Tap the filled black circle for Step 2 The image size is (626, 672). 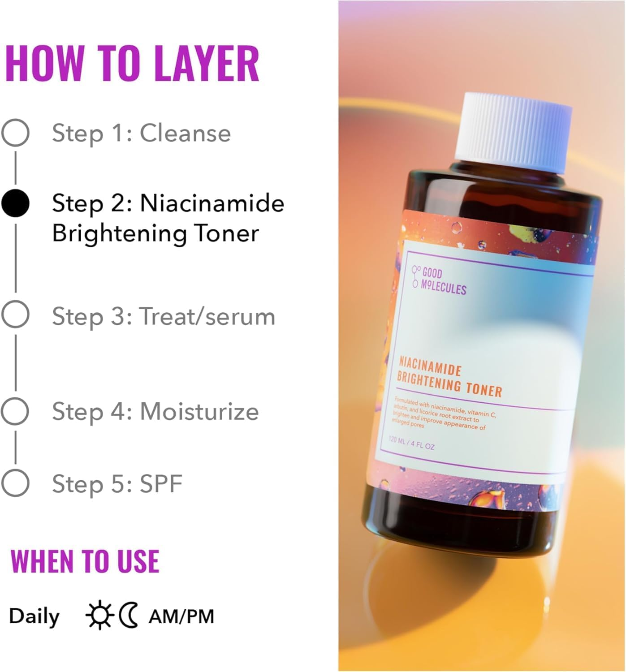15,203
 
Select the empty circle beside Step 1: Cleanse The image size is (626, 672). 15,133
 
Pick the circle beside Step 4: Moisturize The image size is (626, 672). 15,411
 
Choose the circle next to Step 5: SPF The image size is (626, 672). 15,483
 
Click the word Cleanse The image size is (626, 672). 185,133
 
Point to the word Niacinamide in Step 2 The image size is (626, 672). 212,203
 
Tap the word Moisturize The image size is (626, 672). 199,411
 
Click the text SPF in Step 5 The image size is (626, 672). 161,483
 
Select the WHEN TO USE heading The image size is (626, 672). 85,561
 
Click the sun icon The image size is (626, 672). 99,615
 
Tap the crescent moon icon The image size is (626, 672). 129,615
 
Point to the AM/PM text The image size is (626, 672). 181,616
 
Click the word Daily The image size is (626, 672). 34,616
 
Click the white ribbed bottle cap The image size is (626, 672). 514,132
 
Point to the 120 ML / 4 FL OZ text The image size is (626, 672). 411,443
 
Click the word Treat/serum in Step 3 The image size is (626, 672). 207,316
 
